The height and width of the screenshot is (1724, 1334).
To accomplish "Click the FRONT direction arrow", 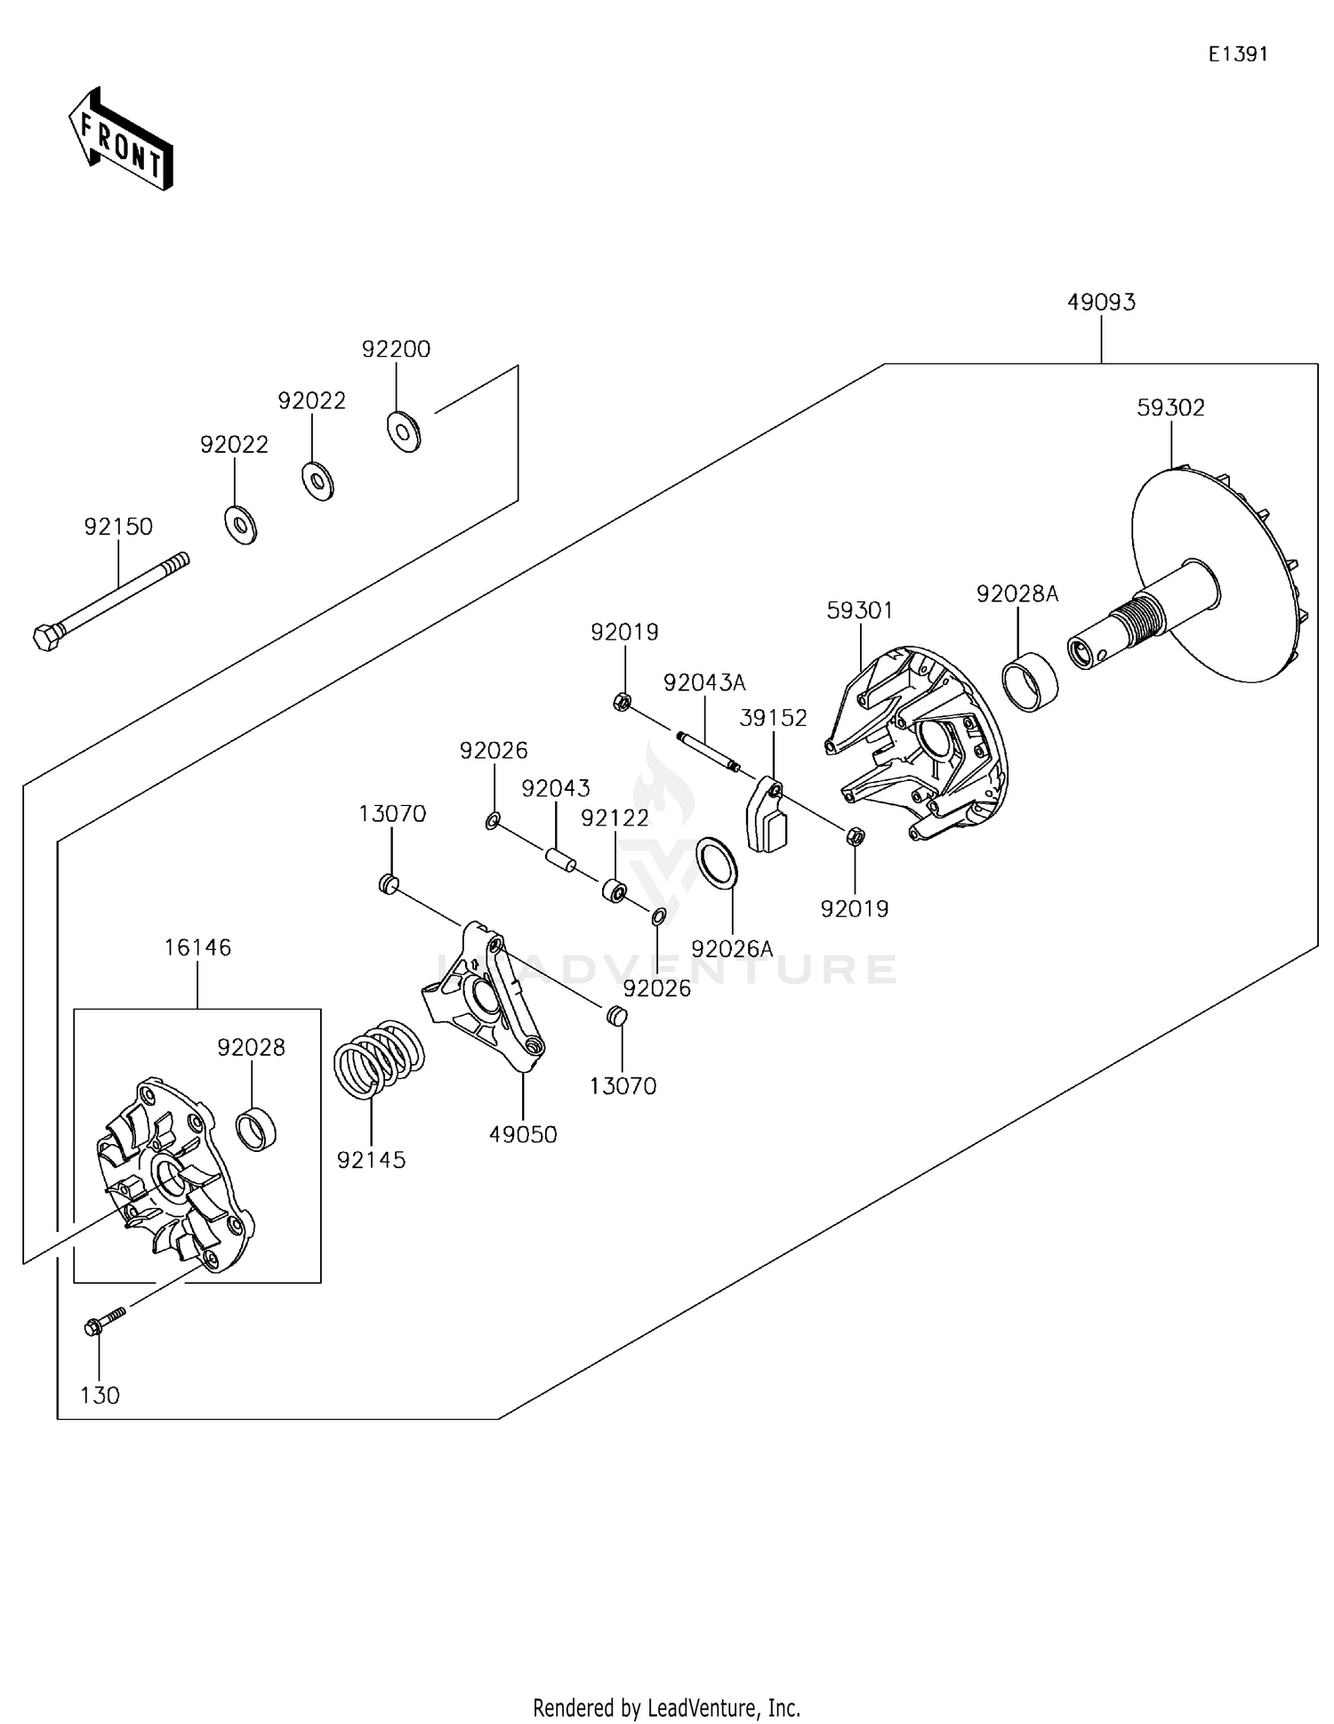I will coord(121,139).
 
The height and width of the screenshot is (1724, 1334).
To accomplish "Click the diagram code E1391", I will coord(1237,54).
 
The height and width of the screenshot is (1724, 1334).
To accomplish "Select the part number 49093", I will coord(1101,302).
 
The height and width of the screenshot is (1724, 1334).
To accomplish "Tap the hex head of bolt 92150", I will coord(44,638).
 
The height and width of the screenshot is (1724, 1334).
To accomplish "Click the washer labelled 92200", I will coord(404,431).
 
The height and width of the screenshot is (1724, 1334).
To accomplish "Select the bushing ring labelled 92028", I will coord(256,1129).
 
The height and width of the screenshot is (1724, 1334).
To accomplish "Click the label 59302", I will coord(1170,407).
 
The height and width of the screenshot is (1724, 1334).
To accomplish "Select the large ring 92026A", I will coord(716,862).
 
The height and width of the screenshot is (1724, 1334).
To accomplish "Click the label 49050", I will coord(523,1134).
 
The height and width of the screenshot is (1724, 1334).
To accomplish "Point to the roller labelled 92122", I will coord(614,890).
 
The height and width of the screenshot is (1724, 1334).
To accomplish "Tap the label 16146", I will coord(197,947).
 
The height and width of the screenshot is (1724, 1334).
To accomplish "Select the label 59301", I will coord(859,610).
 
